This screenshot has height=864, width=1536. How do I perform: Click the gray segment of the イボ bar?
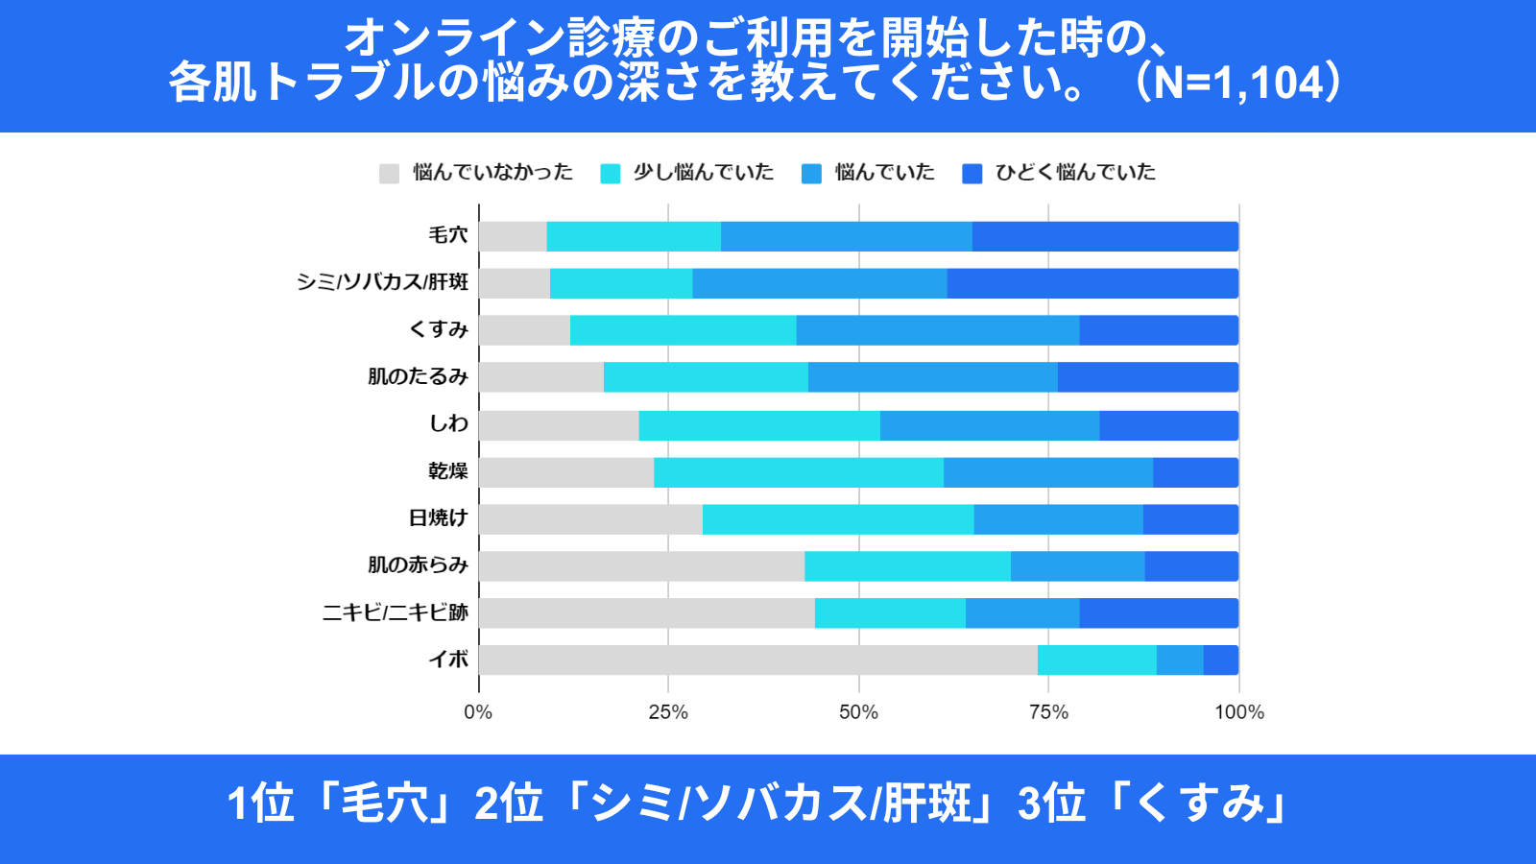pos(758,660)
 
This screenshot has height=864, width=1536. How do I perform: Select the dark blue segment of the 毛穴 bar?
pos(1105,236)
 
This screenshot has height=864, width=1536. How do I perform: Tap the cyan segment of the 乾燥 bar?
pos(799,472)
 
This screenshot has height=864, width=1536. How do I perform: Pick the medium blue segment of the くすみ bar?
pos(938,330)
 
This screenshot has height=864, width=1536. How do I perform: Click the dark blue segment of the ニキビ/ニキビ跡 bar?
pos(1159,613)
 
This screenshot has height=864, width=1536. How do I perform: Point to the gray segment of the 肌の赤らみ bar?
pos(641,566)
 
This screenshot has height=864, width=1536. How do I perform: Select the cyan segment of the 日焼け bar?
pos(838,519)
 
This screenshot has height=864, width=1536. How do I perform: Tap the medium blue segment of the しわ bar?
pos(990,425)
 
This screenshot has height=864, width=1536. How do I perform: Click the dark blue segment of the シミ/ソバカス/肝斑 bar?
pos(1092,283)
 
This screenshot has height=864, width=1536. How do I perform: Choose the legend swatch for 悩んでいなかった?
pos(389,174)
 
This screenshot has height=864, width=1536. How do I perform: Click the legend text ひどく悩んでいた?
pos(1075,173)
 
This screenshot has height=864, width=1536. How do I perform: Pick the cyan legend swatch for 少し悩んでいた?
pos(610,174)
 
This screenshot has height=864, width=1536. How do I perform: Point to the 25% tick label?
pos(668,712)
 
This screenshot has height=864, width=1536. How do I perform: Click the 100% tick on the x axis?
pos(1239,712)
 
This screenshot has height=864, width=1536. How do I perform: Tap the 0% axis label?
pos(478,712)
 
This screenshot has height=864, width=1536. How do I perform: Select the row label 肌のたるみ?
pos(418,376)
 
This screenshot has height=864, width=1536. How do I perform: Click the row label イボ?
pos(448,660)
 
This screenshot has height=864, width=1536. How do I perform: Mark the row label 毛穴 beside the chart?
pos(448,235)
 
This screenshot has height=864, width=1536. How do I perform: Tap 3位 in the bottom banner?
pos(1051,804)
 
